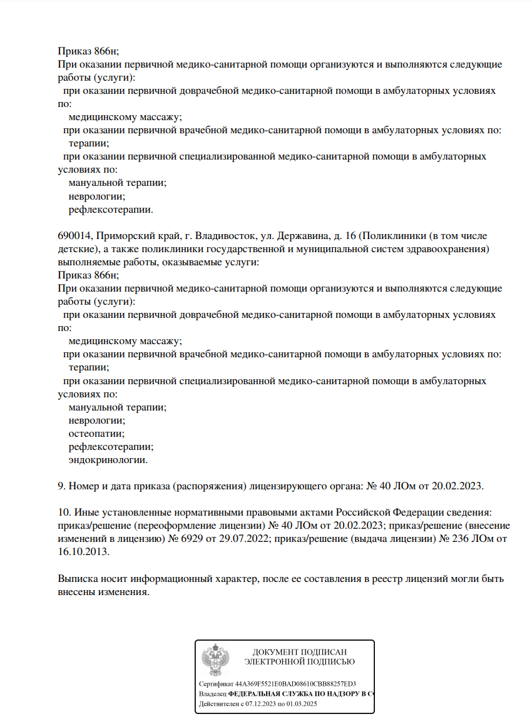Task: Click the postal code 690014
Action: coord(74,236)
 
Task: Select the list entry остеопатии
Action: coord(96,433)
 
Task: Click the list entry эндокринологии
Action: coord(108,459)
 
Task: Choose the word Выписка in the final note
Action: coord(78,579)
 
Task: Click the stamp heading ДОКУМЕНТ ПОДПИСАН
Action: coord(299,652)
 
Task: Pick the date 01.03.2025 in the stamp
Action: coord(304,704)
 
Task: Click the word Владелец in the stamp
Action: coord(212,694)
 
